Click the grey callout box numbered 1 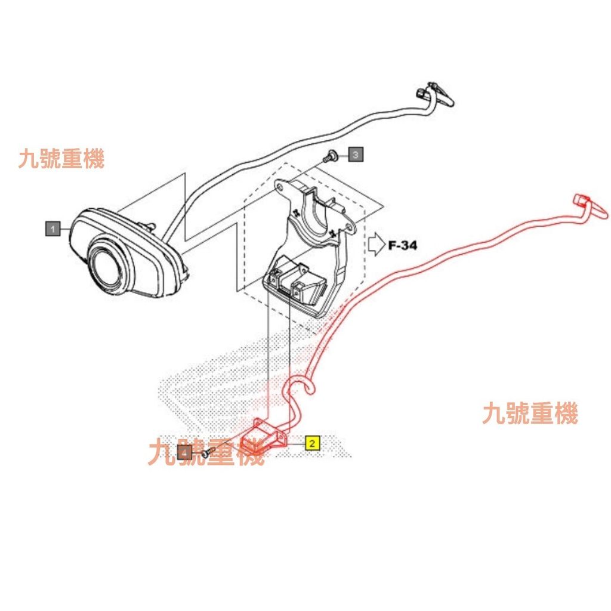53,228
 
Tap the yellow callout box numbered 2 312,443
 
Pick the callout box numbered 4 186,453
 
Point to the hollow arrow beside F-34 376,243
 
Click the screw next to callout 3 329,157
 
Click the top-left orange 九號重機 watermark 61,159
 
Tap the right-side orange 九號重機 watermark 530,413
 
